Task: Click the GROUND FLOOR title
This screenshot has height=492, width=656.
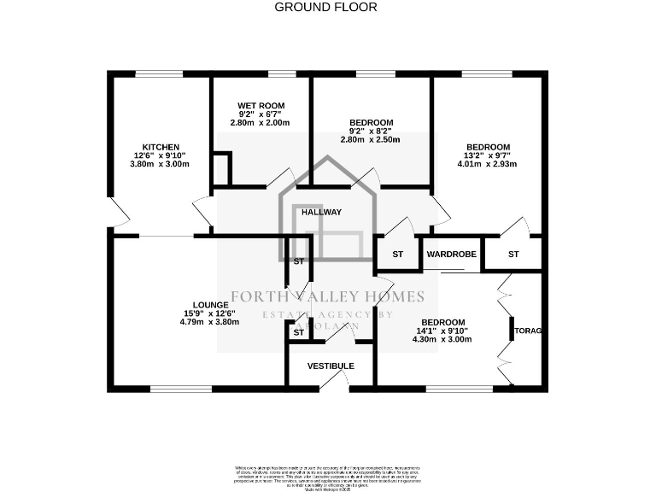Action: tap(325, 7)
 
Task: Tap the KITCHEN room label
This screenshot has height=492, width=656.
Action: tap(161, 147)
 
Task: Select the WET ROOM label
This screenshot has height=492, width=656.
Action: tap(261, 105)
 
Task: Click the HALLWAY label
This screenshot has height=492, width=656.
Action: tap(321, 212)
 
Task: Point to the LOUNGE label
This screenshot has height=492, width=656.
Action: tap(210, 305)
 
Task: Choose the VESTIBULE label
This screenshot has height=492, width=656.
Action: tap(331, 366)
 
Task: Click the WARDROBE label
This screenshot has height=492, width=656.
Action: tap(451, 255)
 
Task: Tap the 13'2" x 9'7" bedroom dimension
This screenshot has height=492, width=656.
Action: tap(488, 155)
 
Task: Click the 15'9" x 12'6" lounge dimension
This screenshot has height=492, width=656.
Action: tap(209, 313)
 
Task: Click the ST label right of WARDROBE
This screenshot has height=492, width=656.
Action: tap(513, 255)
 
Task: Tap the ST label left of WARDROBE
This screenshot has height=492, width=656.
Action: tap(398, 255)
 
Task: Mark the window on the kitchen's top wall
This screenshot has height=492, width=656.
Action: tap(159, 74)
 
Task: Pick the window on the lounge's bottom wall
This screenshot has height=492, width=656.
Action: tap(180, 389)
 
